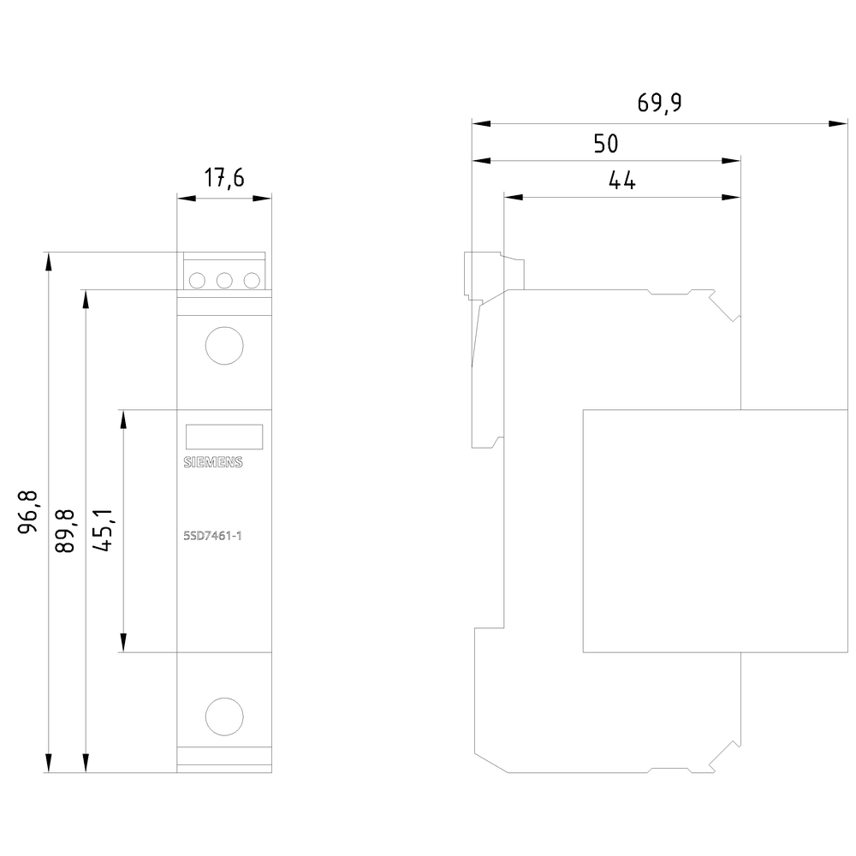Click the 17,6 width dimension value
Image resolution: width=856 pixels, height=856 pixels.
pos(223,178)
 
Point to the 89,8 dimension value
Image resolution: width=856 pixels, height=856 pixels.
pos(66,531)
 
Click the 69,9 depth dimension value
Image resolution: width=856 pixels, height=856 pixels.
pos(659,103)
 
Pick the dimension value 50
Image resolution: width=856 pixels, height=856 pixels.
pos(606,143)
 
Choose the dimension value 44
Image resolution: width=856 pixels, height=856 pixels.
pos(621,181)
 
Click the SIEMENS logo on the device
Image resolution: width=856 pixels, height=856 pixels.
pos(214,463)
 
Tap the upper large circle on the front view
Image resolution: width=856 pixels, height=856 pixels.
pos(224,346)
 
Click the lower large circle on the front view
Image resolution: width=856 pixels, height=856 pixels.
pos(224,716)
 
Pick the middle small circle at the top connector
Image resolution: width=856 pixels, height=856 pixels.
pos(224,280)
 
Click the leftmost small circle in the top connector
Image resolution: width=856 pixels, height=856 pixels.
pos(197,280)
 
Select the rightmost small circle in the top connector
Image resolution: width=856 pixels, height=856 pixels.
pos(252,280)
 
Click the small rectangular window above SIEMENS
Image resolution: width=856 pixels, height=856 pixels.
pos(223,437)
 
